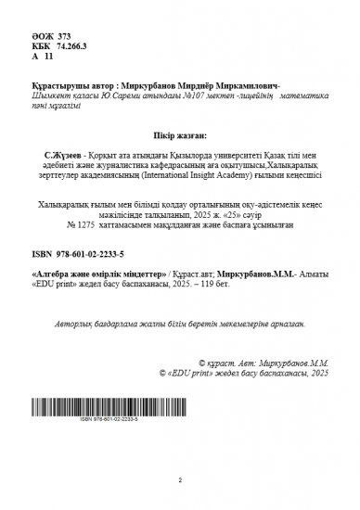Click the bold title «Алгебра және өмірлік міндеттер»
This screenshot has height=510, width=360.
coord(99,275)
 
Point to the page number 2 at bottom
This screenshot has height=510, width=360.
coord(180,480)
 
